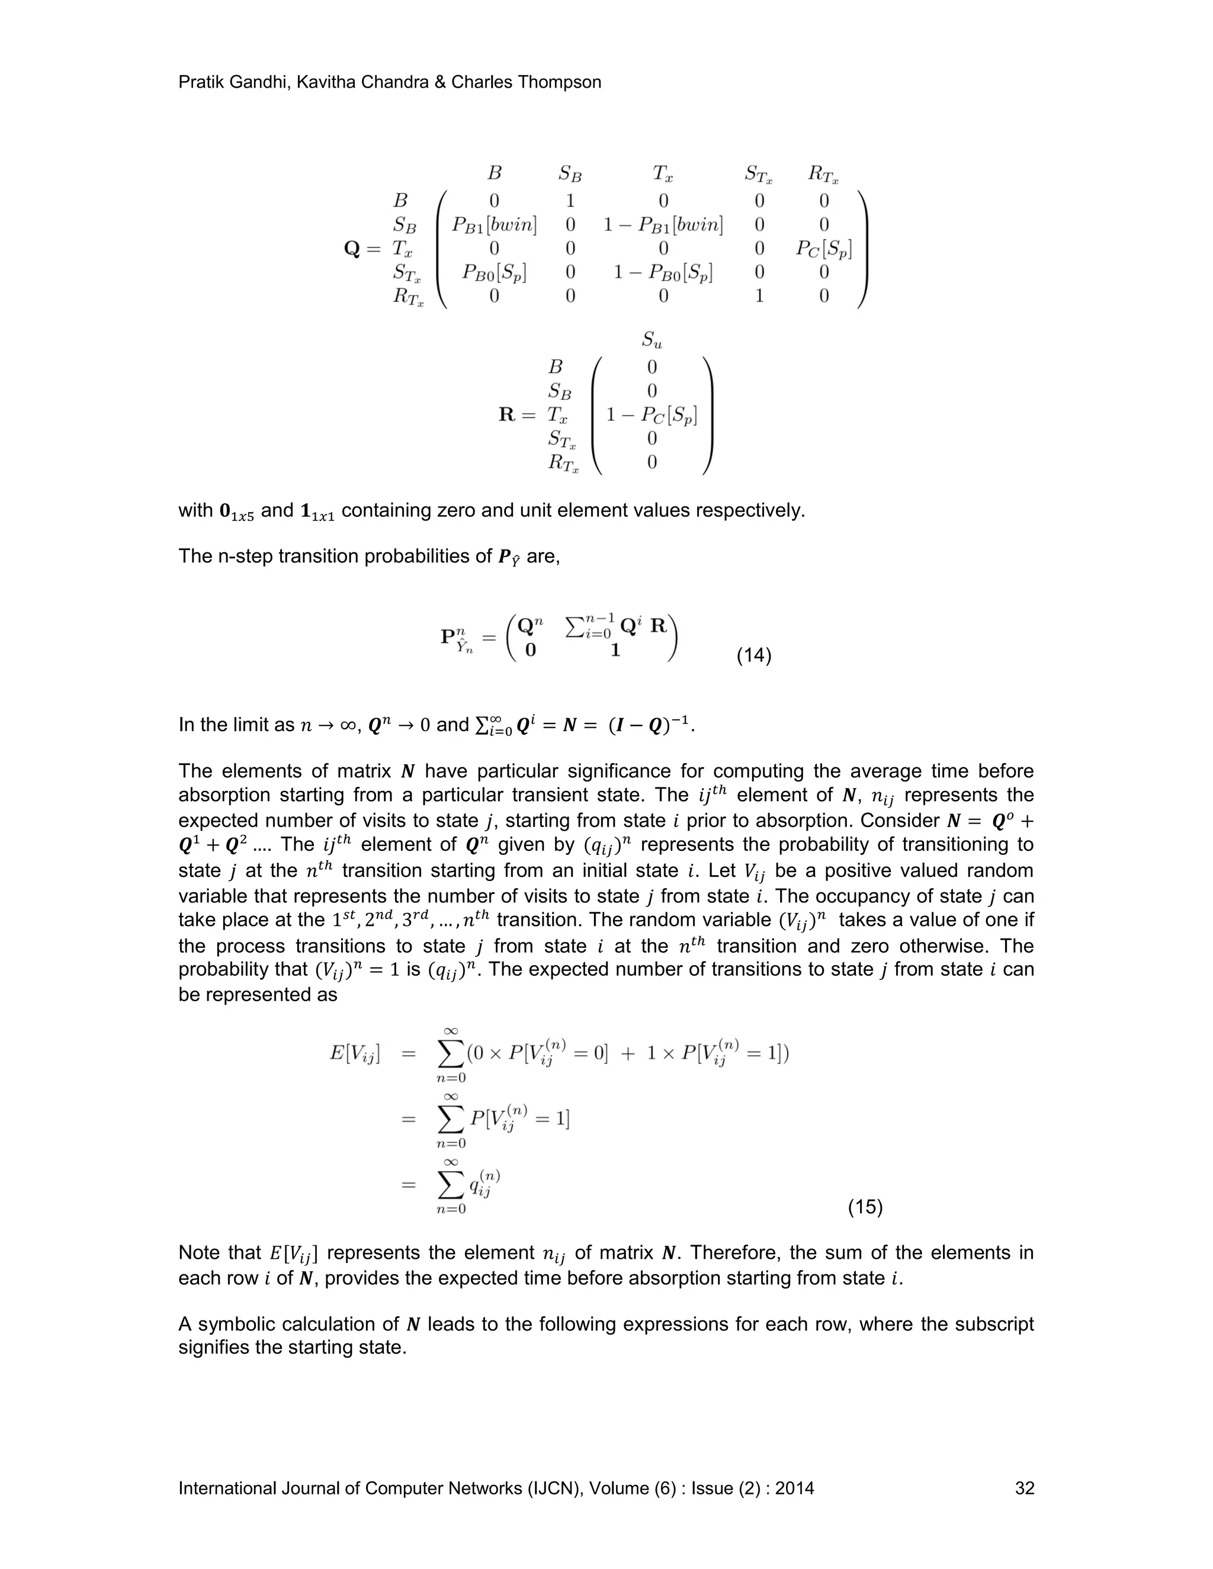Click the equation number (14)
click(754, 656)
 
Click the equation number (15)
click(865, 1207)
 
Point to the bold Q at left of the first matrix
click(352, 249)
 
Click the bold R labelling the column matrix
click(508, 414)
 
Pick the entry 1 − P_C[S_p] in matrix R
click(652, 415)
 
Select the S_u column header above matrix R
click(652, 340)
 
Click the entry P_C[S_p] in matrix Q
click(823, 249)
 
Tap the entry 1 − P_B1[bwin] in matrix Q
click(663, 225)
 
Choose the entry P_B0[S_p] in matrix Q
click(494, 273)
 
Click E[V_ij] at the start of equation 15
click(354, 1054)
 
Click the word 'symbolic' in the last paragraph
click(240, 1324)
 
